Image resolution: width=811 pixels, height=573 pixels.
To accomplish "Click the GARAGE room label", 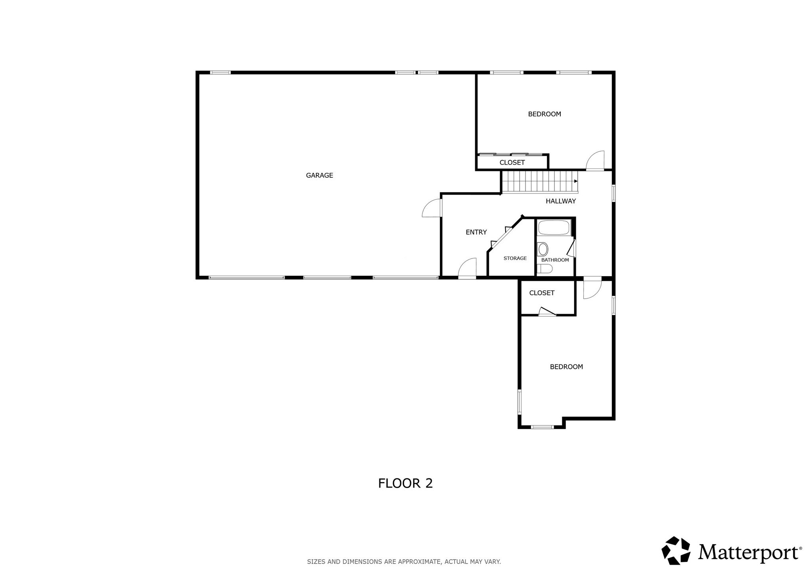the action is tap(319, 175).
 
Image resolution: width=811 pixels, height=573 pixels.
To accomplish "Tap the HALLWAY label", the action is tap(560, 201).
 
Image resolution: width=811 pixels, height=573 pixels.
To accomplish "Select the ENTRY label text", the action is tap(476, 232).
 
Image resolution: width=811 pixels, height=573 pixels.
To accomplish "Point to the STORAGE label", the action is tap(515, 258).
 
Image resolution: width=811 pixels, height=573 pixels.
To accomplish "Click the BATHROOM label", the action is tap(555, 260).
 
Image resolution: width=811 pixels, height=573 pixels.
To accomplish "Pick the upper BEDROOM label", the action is tap(544, 114).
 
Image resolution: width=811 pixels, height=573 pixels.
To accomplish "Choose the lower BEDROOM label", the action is tap(566, 367).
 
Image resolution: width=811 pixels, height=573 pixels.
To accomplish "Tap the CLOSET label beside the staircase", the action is tap(512, 163).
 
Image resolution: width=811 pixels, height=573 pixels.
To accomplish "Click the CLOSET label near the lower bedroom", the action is tap(542, 293).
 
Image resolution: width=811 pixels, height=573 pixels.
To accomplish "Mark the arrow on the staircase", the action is tap(576, 181).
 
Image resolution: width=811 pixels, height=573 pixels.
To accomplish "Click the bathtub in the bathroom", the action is tap(554, 228).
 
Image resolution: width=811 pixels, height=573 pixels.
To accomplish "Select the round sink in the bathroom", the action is tap(543, 249).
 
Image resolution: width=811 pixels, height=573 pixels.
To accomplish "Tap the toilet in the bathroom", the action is tap(545, 269).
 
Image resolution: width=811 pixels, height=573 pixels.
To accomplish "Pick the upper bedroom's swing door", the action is tap(595, 160).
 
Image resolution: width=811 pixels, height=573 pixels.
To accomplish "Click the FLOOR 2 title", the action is tap(405, 483).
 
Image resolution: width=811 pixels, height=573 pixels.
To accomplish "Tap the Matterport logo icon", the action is tap(676, 550).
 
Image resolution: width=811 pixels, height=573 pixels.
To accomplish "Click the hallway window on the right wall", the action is tap(613, 193).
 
